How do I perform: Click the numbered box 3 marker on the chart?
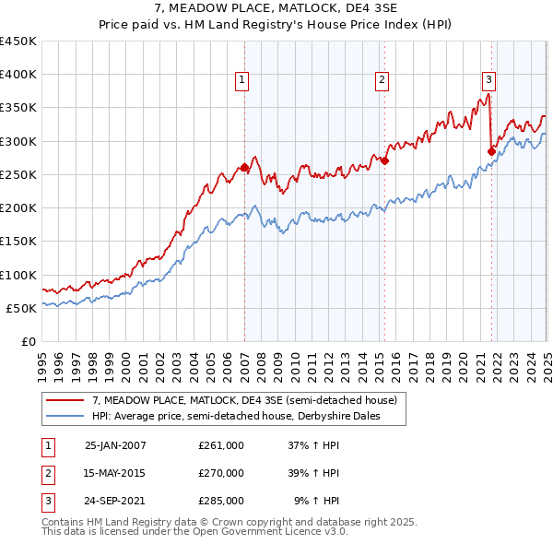coord(488,79)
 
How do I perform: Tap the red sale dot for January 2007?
coord(244,168)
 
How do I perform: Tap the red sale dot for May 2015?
coord(384,161)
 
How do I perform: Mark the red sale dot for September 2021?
coord(491,151)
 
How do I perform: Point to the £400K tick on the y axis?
coord(18,75)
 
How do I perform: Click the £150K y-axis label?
coord(18,242)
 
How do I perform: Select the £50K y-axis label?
coord(22,308)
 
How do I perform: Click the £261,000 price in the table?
coord(221,445)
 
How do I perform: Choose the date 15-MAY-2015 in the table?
coord(115,473)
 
